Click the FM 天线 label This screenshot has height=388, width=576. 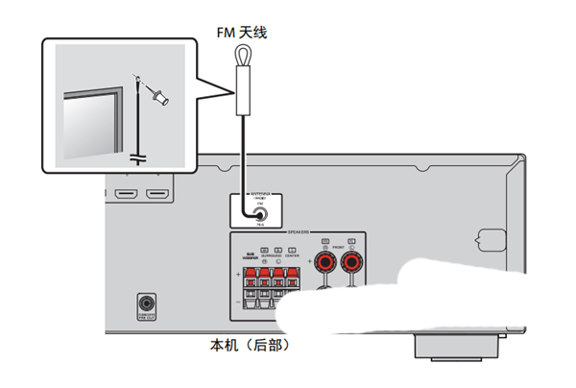240,34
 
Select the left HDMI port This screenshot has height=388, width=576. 125,197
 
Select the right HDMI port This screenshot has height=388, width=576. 157,197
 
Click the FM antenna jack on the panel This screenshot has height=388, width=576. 260,215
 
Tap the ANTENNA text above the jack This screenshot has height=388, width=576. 260,194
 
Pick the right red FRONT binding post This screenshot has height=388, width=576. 351,262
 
